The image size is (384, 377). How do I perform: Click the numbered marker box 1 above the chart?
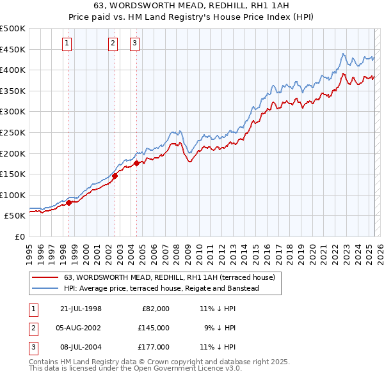(x=67, y=43)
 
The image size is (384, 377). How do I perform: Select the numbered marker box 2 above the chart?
(x=113, y=43)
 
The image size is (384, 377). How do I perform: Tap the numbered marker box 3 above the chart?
(x=135, y=43)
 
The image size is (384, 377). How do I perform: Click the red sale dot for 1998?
(x=69, y=203)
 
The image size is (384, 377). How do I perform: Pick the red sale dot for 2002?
(x=115, y=176)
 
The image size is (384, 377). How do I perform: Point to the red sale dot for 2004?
(x=136, y=163)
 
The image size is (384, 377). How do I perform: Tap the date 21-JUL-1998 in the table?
(x=81, y=309)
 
